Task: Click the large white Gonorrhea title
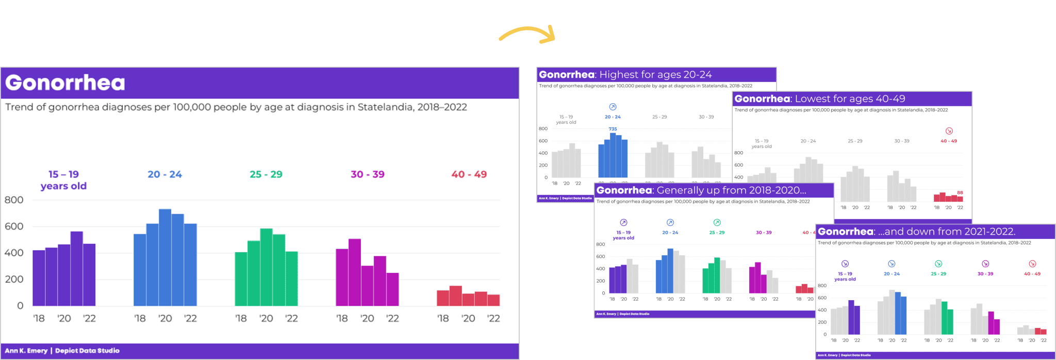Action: [65, 83]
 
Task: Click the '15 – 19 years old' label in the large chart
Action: [63, 180]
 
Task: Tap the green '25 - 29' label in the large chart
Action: [266, 174]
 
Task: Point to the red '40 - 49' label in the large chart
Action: [469, 174]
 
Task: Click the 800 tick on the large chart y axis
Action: [14, 200]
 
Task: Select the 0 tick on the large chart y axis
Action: [20, 305]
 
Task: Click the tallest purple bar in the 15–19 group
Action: [76, 268]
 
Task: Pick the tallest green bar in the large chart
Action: [266, 267]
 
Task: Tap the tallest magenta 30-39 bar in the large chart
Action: [354, 272]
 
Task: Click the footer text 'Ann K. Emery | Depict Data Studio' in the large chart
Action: [62, 351]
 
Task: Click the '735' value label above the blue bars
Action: [613, 129]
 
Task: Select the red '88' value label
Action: [960, 192]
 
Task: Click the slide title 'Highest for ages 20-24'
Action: [655, 75]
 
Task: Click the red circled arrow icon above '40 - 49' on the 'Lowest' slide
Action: [949, 131]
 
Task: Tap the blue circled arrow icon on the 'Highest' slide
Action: [613, 107]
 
